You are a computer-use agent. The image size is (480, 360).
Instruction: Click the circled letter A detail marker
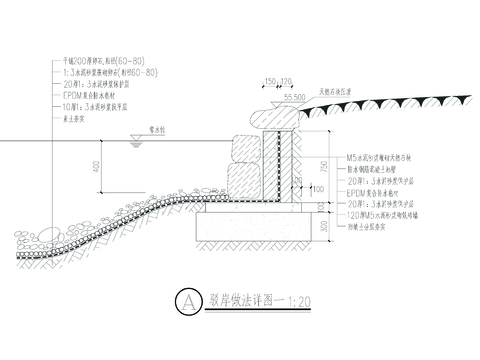click(183, 298)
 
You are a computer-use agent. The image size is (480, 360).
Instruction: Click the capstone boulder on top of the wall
click(273, 117)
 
